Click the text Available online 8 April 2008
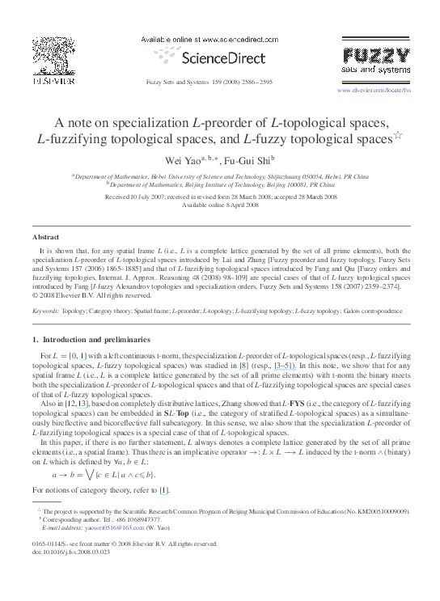tap(219, 205)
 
